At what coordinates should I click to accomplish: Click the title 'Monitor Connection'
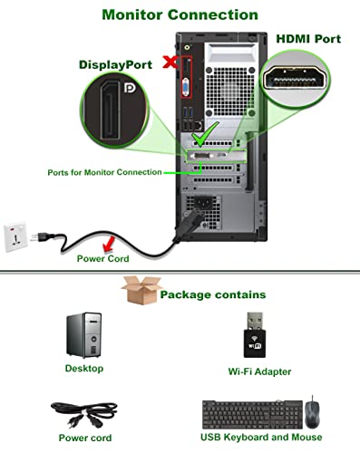tap(179, 14)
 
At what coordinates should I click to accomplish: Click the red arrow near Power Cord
tap(109, 241)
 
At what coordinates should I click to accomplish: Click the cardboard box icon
tap(138, 293)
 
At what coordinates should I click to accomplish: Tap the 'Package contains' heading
tap(212, 294)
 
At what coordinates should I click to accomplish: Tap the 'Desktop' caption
tap(83, 369)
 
